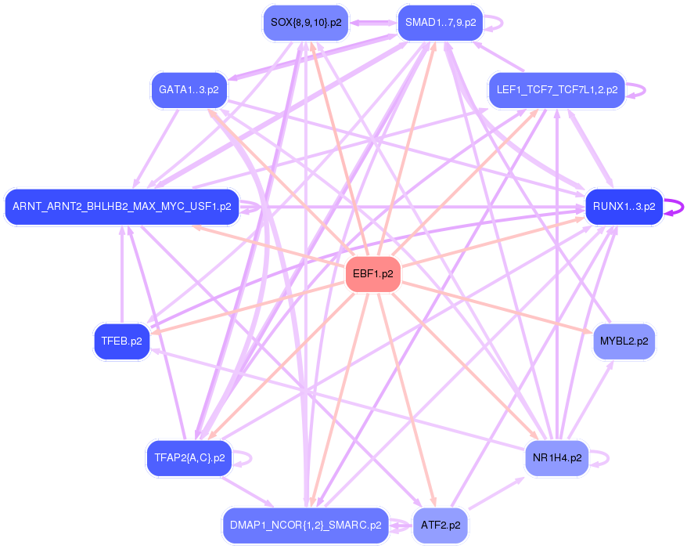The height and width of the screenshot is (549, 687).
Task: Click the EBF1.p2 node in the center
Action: click(373, 275)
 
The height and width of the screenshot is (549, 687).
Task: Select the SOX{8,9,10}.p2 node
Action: click(306, 23)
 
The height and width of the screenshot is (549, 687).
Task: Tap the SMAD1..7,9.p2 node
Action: click(440, 23)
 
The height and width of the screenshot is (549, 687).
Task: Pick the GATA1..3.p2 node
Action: click(189, 90)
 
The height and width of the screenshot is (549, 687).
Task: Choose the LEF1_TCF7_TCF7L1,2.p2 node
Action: click(556, 90)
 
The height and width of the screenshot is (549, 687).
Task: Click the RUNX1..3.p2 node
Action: click(624, 208)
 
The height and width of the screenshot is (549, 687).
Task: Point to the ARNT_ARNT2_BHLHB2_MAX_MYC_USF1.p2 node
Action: click(121, 208)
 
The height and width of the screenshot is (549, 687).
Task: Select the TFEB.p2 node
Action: click(121, 341)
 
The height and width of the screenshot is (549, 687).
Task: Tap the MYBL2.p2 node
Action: click(624, 341)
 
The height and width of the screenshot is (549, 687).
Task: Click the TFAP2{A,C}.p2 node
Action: click(189, 458)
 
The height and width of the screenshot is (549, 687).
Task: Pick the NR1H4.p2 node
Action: click(556, 458)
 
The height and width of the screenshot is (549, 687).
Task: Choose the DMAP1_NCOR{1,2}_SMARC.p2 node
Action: click(306, 526)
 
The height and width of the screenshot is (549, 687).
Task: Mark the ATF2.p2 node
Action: click(440, 526)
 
